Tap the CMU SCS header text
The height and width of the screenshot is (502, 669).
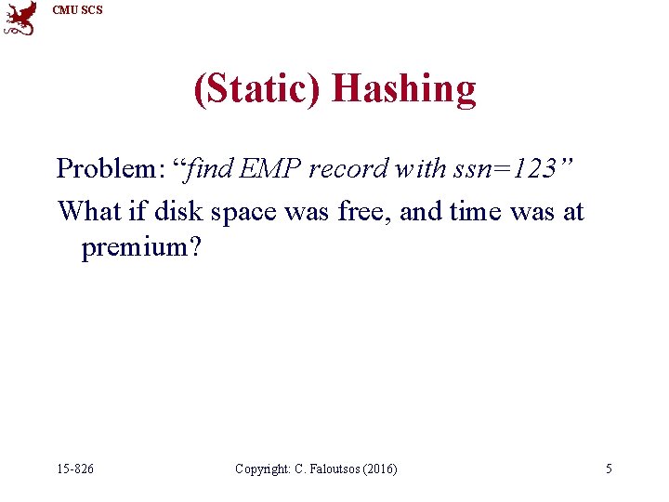(77, 10)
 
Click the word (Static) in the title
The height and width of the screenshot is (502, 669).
(257, 89)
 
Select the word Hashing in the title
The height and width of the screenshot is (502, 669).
(403, 89)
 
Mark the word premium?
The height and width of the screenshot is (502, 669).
(141, 248)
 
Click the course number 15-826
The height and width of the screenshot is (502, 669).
(74, 469)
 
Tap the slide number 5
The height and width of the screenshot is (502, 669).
(609, 469)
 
